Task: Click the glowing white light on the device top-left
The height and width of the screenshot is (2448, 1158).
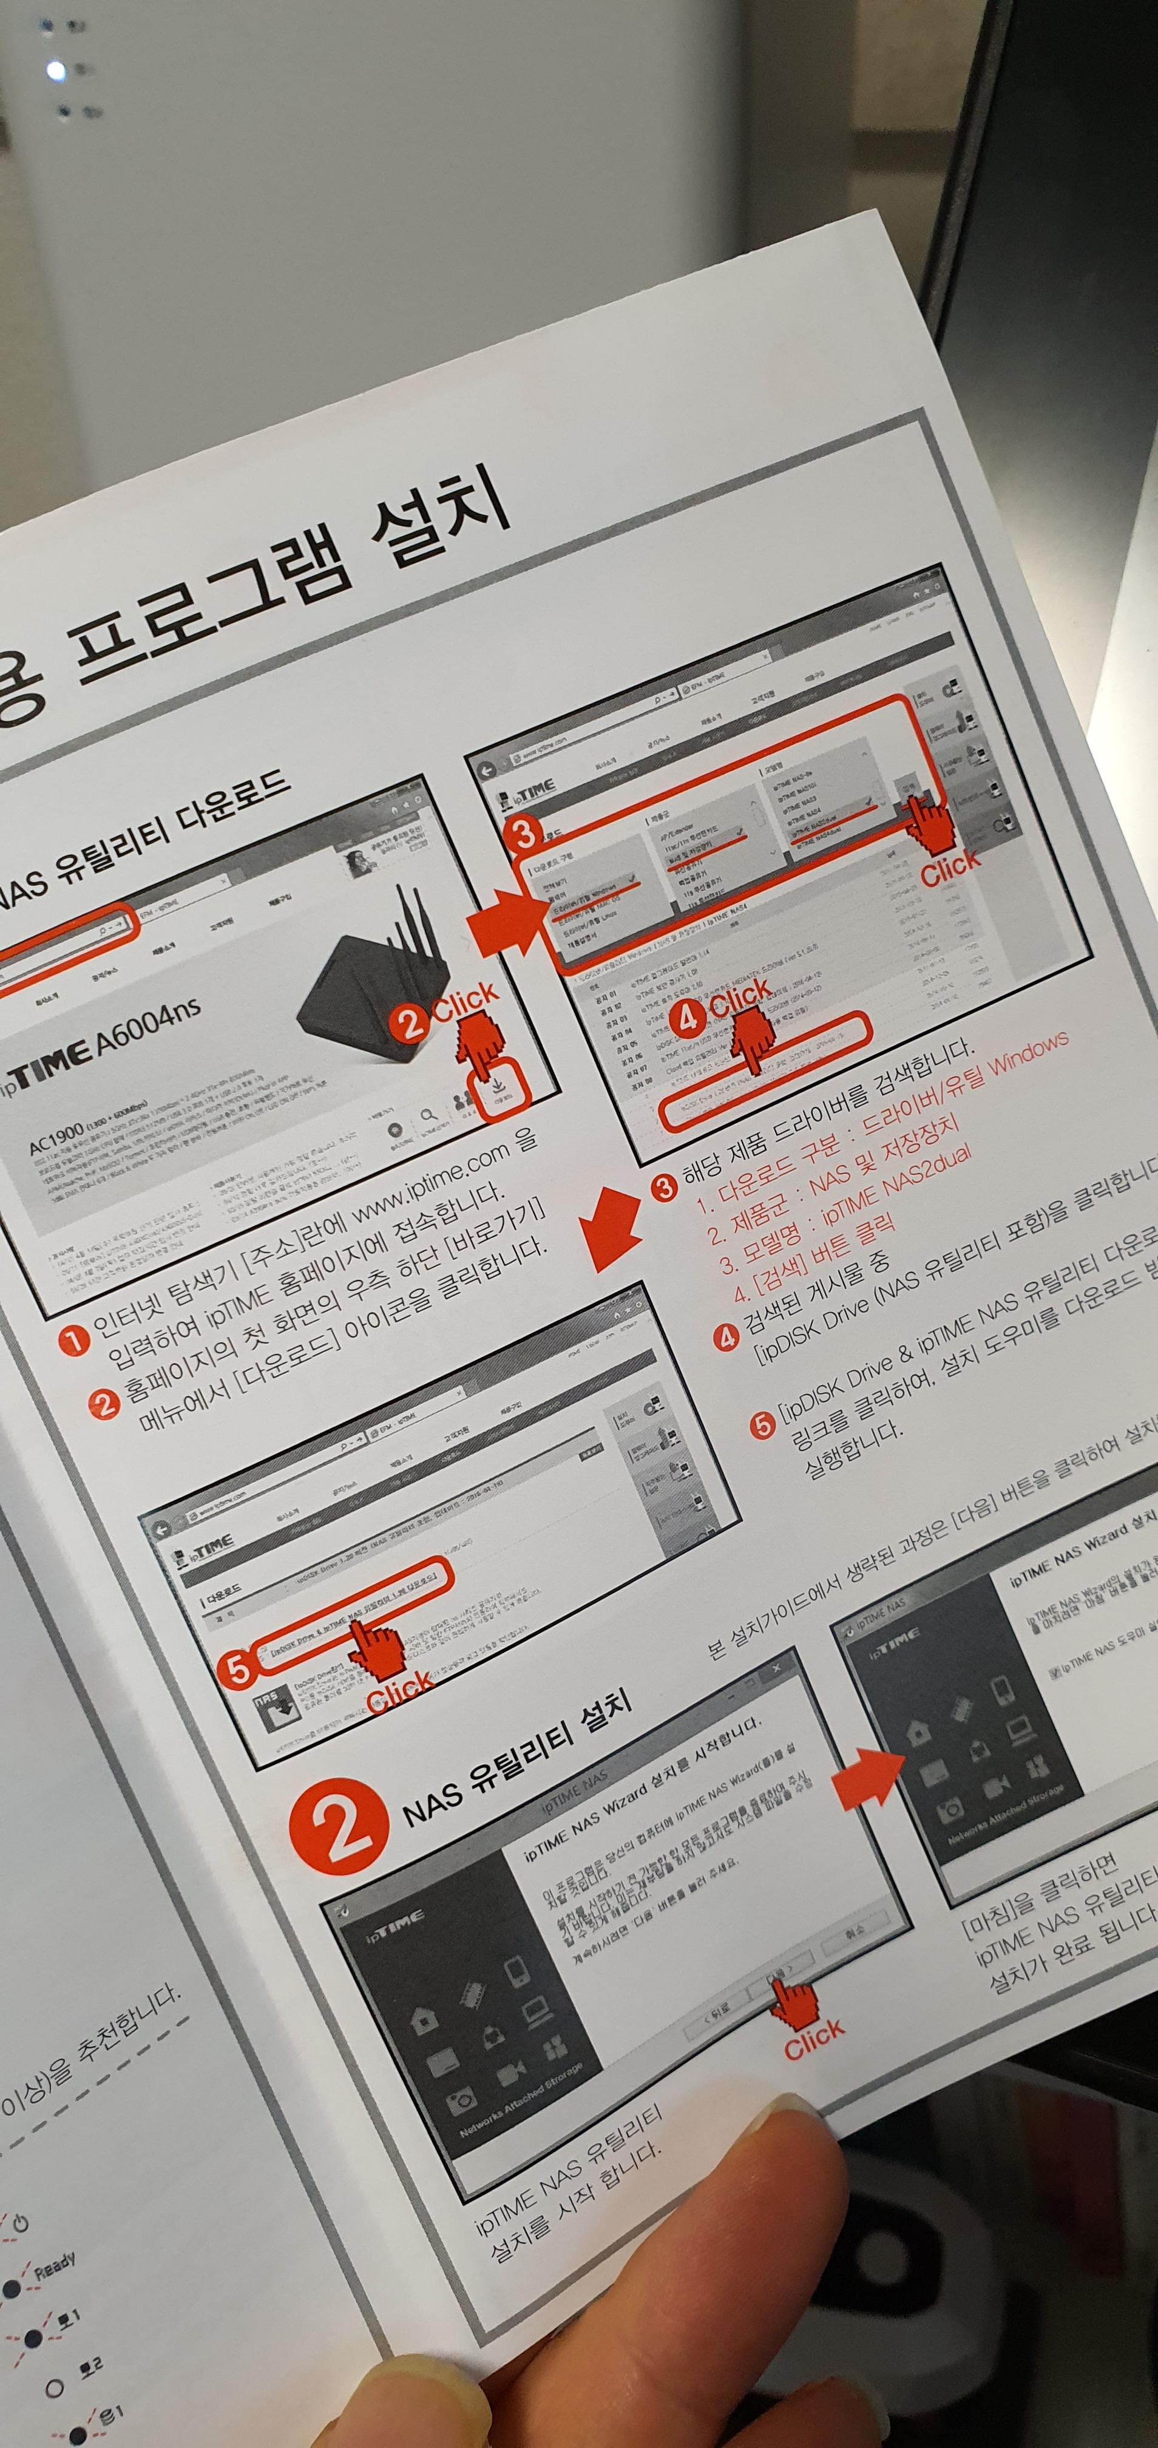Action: point(56,71)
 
